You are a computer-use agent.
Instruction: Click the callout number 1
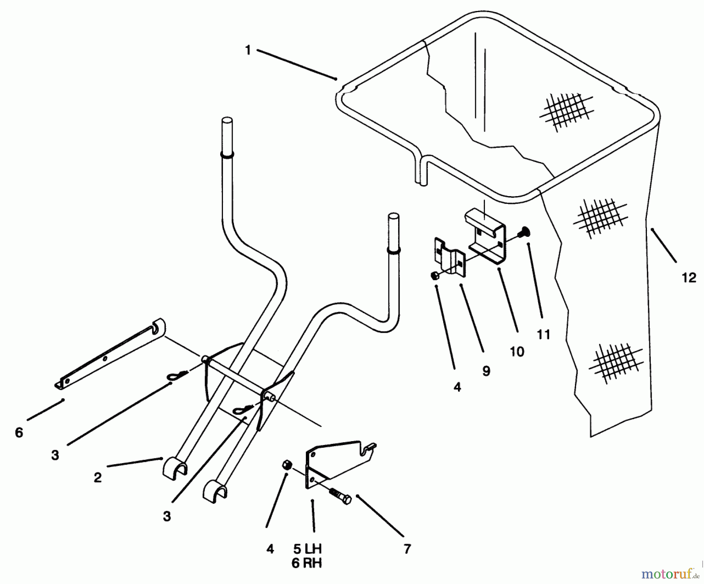(248, 50)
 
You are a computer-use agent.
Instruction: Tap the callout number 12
(689, 278)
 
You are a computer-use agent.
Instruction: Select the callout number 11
(544, 335)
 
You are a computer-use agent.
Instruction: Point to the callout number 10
(517, 351)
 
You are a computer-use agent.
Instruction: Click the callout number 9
(486, 371)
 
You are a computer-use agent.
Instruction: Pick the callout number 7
(407, 549)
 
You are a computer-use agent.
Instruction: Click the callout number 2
(97, 478)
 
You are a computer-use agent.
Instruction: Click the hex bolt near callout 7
(340, 495)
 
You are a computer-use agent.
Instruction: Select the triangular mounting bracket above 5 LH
(336, 462)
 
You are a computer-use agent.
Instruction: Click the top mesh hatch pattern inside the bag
(566, 111)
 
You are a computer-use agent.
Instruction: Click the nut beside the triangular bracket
(286, 465)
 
